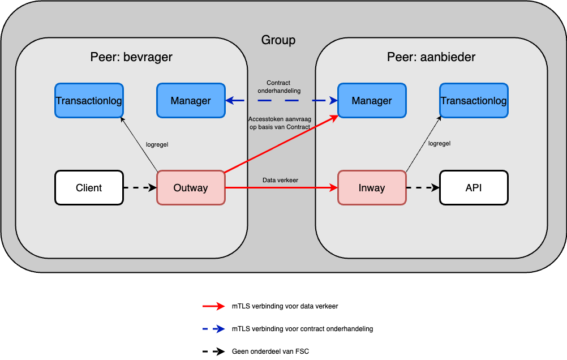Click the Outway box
[x=191, y=187]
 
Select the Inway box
[x=372, y=187]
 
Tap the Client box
[x=89, y=187]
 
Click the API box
[x=474, y=187]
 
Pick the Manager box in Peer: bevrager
[x=191, y=101]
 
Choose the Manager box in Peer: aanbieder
[x=372, y=101]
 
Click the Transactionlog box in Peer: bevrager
[x=89, y=101]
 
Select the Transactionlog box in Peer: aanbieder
[x=474, y=101]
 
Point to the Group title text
[x=278, y=40]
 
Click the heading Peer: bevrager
[x=131, y=57]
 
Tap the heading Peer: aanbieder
[x=431, y=57]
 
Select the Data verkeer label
[x=280, y=180]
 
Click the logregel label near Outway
[x=157, y=144]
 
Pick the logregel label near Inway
[x=439, y=143]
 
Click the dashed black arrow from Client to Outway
[x=140, y=187]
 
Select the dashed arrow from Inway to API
[x=423, y=187]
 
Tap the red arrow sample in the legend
[x=214, y=306]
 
